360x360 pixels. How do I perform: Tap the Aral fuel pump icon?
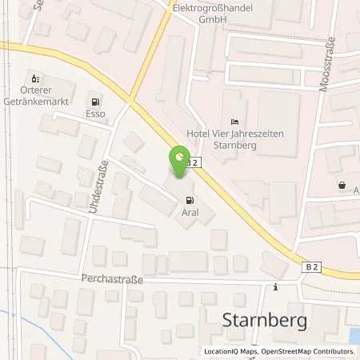click(189, 200)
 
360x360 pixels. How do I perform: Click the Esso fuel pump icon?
click(96, 102)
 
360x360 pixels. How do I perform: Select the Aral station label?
click(189, 213)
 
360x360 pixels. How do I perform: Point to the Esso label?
click(96, 114)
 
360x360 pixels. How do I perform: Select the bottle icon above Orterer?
click(34, 78)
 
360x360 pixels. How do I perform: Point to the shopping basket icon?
click(342, 185)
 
